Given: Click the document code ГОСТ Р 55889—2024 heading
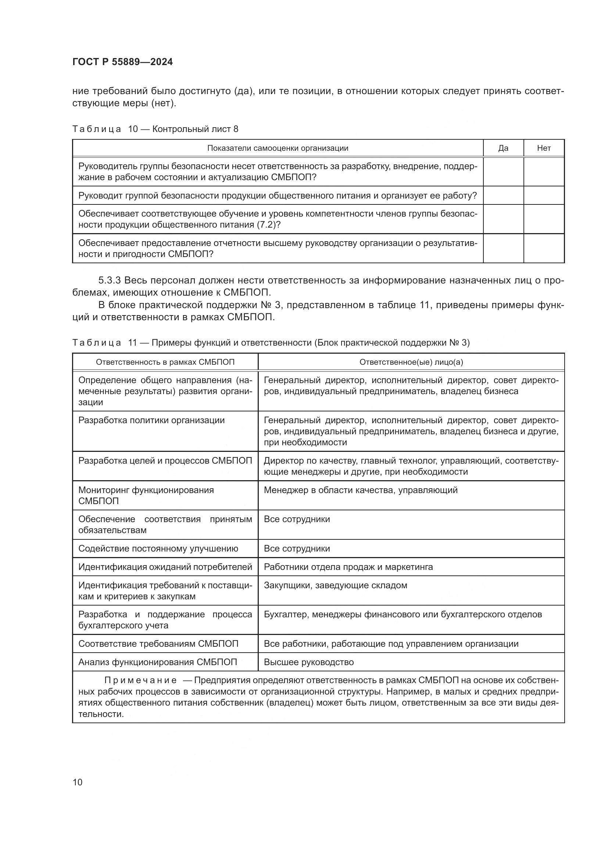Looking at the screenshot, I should [x=122, y=62].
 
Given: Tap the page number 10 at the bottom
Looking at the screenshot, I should [x=78, y=782].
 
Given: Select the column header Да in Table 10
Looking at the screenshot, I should [x=503, y=148].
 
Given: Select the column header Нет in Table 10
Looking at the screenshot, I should [x=544, y=148].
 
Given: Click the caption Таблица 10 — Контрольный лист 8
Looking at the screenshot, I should [x=155, y=129].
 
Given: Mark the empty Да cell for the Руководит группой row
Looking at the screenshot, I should [x=503, y=196].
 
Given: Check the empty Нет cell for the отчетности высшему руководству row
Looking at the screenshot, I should [x=544, y=248].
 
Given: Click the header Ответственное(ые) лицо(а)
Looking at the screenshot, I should [x=411, y=362].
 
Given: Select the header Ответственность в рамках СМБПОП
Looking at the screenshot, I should [x=165, y=362].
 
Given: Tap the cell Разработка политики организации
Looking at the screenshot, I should [x=151, y=420].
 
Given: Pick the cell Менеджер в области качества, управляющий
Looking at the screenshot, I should [x=361, y=490].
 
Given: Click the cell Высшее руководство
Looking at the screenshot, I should [x=308, y=662].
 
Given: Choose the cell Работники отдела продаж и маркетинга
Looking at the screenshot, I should [x=348, y=567].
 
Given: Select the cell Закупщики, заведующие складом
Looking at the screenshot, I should [x=336, y=585].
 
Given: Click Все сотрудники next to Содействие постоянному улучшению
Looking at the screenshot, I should [x=297, y=548].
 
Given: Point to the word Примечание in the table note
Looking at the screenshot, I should [x=140, y=680].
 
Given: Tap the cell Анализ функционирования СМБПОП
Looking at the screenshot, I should [x=158, y=662].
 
